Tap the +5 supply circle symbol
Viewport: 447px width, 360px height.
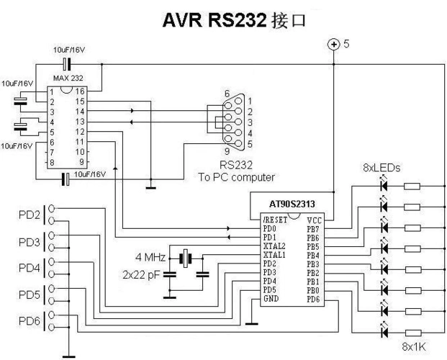pyautogui.click(x=333, y=45)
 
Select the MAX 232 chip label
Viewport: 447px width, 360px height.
pyautogui.click(x=69, y=77)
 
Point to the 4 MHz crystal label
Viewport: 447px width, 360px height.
pyautogui.click(x=150, y=257)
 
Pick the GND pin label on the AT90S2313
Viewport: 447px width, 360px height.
pyautogui.click(x=271, y=298)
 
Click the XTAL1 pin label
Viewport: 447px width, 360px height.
pyautogui.click(x=275, y=255)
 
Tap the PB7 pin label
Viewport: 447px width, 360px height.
pyautogui.click(x=313, y=228)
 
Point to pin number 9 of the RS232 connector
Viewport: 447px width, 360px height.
pyautogui.click(x=227, y=152)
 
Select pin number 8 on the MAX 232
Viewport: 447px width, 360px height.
pyautogui.click(x=53, y=163)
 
